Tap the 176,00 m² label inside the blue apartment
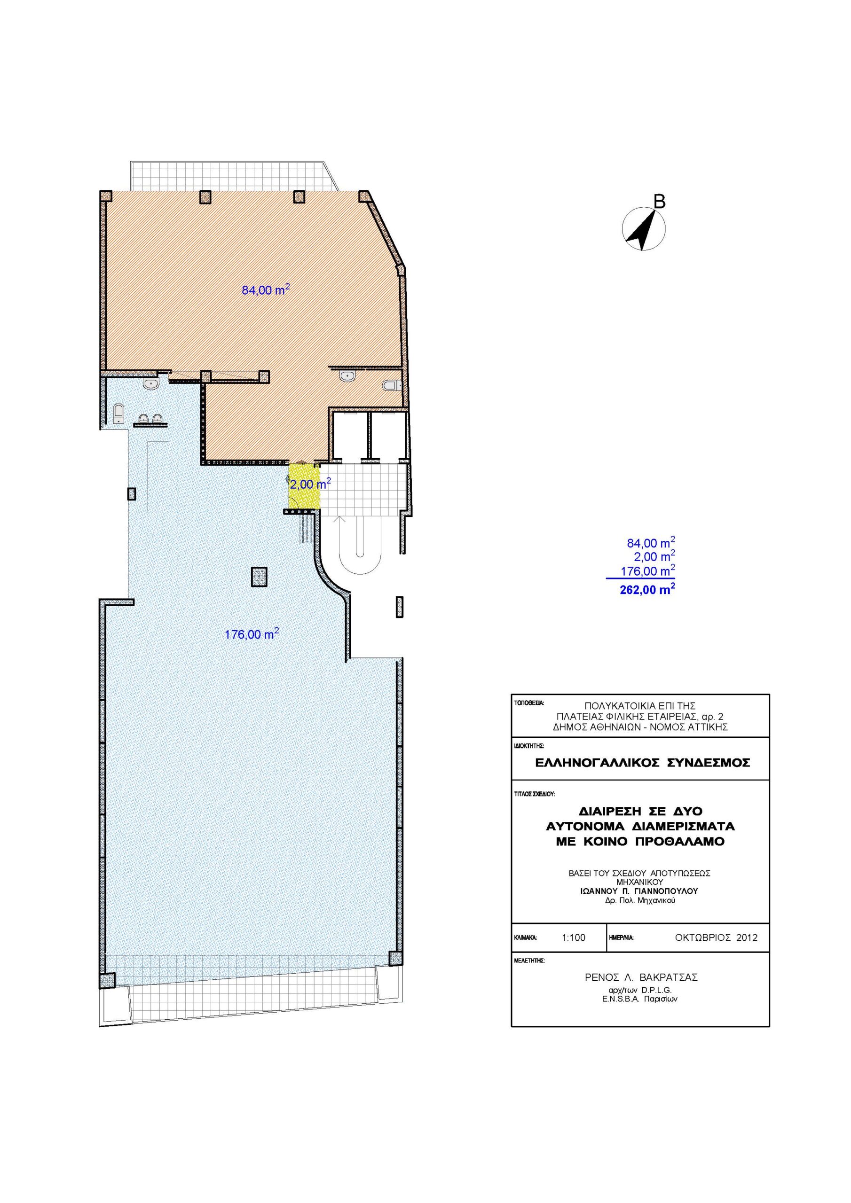coord(252,633)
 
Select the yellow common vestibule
coord(304,485)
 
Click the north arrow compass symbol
coord(643,229)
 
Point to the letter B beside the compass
coord(660,201)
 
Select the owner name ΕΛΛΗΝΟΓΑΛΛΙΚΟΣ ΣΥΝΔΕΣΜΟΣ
coord(642,777)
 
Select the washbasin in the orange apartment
coord(347,376)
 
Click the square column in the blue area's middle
coord(259,577)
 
